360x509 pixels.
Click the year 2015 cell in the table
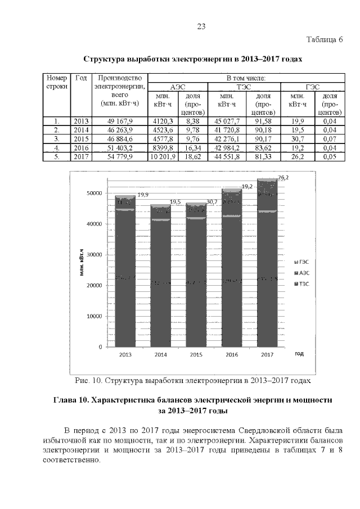click(x=80, y=139)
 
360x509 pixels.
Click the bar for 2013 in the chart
click(x=124, y=270)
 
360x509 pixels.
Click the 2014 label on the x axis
click(x=160, y=355)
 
